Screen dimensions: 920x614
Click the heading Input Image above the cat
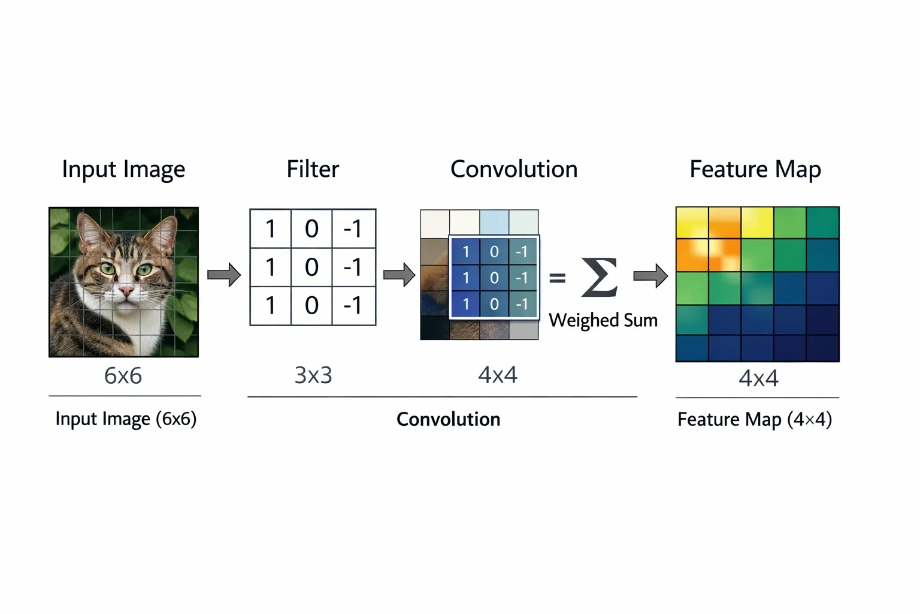(x=123, y=169)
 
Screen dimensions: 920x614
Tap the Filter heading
(x=313, y=168)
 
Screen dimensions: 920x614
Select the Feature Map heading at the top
(x=755, y=170)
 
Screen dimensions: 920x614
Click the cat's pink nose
(x=126, y=291)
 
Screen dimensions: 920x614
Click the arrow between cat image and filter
(x=224, y=274)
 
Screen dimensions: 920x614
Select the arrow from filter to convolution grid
(x=400, y=274)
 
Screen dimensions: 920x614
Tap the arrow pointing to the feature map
(x=650, y=276)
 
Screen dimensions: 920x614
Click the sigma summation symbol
(x=600, y=277)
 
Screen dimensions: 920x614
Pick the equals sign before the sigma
(x=558, y=278)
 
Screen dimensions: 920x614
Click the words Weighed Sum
(x=603, y=320)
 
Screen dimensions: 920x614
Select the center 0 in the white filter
(x=311, y=267)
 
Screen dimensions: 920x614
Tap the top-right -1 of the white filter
(x=353, y=228)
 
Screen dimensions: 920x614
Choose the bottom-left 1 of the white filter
(x=270, y=305)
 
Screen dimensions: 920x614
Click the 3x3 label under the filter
(x=313, y=375)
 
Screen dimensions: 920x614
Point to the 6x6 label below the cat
(x=123, y=375)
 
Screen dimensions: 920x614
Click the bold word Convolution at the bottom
(x=449, y=420)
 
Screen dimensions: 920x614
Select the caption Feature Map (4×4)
(x=755, y=420)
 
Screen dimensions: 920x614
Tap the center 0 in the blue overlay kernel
(x=494, y=278)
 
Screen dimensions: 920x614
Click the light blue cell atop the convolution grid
(x=494, y=222)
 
